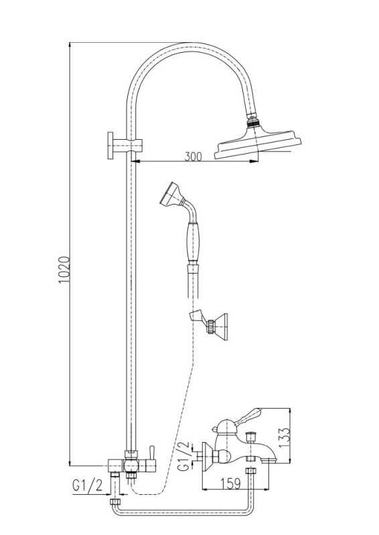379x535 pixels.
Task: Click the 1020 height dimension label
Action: click(64, 270)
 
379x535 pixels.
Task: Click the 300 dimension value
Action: click(193, 156)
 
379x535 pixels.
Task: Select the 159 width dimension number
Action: click(230, 484)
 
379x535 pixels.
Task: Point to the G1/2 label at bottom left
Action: click(88, 486)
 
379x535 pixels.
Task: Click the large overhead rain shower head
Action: click(258, 144)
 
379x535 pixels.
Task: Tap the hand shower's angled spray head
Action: click(172, 194)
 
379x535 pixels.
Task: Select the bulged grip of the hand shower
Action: click(193, 241)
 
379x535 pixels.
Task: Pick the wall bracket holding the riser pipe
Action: click(125, 145)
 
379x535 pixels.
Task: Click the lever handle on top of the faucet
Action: click(250, 415)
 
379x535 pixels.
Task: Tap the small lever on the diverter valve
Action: click(151, 453)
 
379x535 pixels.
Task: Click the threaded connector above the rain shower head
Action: click(253, 120)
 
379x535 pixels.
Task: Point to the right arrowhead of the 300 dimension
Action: click(254, 161)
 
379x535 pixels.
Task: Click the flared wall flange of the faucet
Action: click(206, 457)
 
